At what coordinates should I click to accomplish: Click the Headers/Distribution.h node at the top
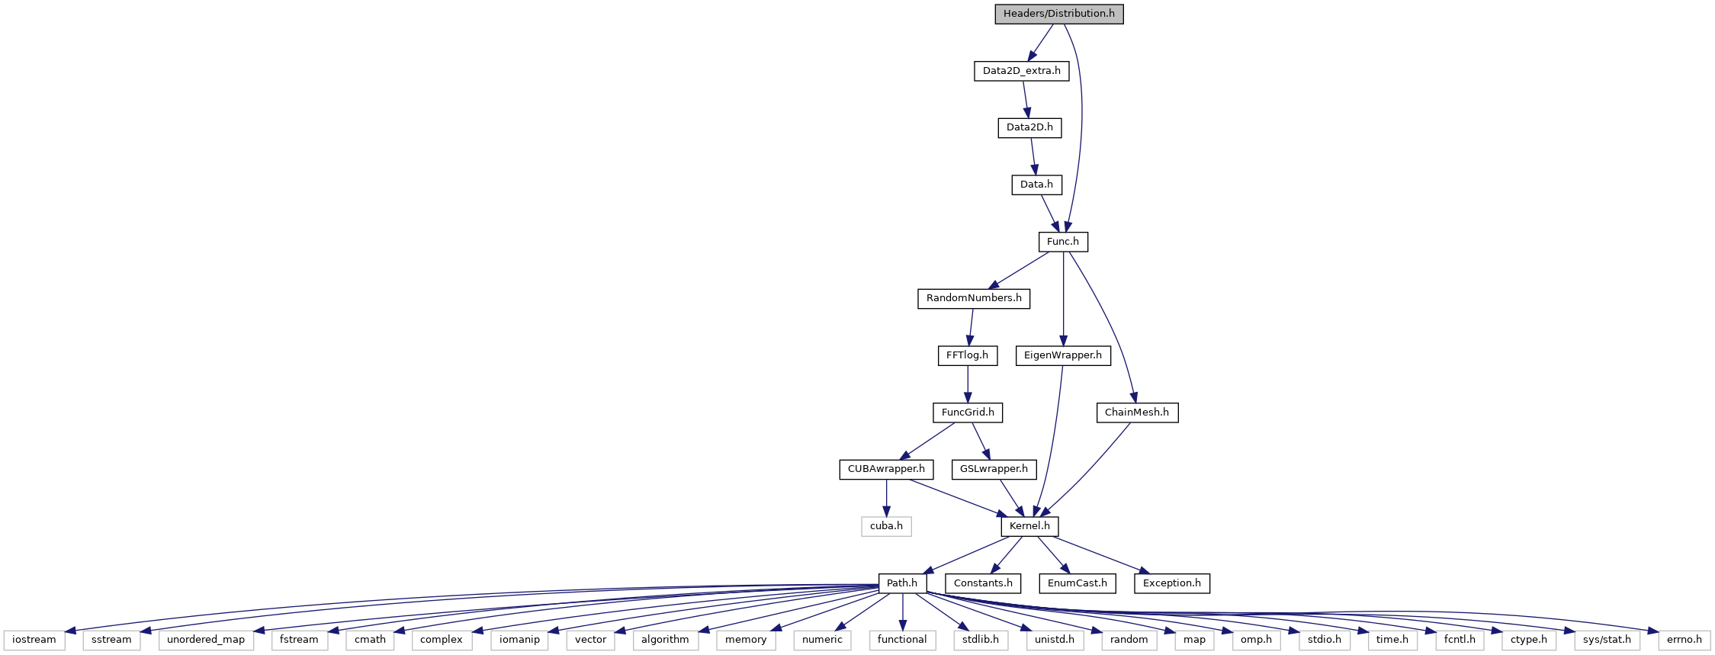[1059, 14]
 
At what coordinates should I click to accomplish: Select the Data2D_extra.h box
[1021, 71]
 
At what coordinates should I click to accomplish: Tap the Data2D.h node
[1029, 127]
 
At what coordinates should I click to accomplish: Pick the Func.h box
[1063, 242]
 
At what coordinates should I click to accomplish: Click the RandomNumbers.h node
[974, 298]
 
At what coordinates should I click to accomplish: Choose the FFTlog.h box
[967, 355]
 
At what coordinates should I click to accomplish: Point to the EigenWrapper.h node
[1063, 355]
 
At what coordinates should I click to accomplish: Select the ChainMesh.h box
[1137, 413]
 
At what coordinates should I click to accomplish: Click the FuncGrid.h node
[968, 413]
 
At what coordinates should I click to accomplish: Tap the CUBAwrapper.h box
[886, 469]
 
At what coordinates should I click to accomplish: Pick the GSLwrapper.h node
[994, 469]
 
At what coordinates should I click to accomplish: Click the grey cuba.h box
[886, 526]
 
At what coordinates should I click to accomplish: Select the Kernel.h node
[1029, 526]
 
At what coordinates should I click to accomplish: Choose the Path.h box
[902, 583]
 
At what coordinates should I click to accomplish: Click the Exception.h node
[1172, 583]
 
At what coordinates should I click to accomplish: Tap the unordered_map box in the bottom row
[206, 640]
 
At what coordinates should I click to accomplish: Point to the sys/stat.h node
[1607, 640]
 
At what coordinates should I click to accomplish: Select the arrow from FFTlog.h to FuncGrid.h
[968, 384]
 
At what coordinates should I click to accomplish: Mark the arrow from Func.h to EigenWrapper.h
[1063, 299]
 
